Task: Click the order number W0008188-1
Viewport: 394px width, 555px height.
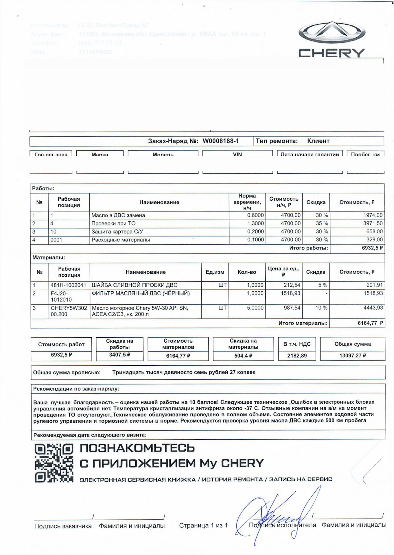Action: pos(220,141)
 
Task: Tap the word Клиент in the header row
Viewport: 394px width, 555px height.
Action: pos(318,141)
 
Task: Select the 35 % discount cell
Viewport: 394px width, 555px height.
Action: pos(322,223)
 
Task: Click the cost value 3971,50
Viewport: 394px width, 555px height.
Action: pos(373,223)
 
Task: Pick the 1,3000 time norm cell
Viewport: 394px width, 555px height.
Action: pos(255,223)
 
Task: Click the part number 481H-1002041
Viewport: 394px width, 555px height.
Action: pos(68,285)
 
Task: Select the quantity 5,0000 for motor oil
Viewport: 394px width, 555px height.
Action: pos(255,308)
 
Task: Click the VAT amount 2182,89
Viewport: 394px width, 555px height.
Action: pos(297,356)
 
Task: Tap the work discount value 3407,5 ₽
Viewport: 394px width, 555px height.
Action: pos(119,355)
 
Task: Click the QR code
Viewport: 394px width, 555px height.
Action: pos(54,463)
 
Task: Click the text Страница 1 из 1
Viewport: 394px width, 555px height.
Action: pos(203,525)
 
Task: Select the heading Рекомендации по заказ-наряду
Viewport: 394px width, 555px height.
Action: pos(76,389)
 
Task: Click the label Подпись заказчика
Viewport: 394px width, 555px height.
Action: pos(63,526)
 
